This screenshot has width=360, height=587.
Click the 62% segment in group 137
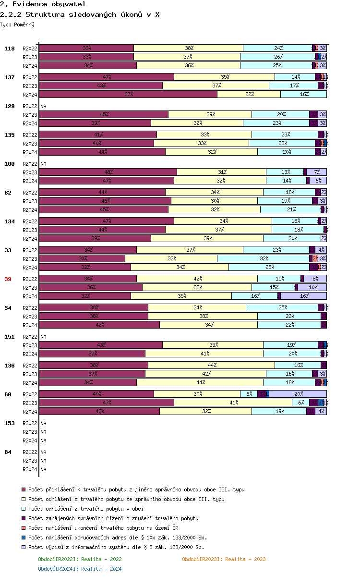coord(128,94)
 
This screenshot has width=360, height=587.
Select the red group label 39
coord(8,279)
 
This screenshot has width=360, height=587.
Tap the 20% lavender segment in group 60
coord(298,394)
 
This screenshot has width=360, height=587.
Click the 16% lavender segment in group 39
coord(303,296)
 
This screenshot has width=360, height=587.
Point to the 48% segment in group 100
coord(108,172)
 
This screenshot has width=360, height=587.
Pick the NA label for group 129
coord(43,106)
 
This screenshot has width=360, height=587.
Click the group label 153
coord(10,423)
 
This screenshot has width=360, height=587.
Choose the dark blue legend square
coord(23,538)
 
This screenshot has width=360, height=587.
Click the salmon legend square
coord(23,528)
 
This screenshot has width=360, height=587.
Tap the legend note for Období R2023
coord(224,559)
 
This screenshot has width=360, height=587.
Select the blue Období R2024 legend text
coord(80,569)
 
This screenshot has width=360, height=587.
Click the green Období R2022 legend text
coord(80,559)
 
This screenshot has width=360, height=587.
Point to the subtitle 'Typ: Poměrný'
coord(17,24)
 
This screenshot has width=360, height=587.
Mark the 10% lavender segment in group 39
coord(312,287)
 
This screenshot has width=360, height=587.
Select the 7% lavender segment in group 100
coord(317,172)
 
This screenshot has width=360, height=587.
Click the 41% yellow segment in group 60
coord(233,403)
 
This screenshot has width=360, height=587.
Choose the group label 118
coord(10,49)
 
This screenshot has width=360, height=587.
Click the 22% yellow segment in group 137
coord(249,94)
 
